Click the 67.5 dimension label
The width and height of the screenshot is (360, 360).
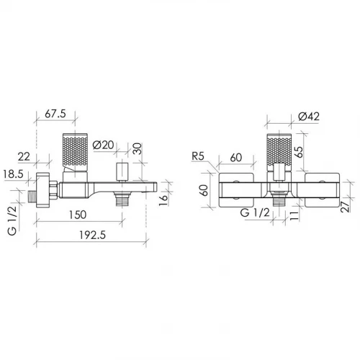(55, 114)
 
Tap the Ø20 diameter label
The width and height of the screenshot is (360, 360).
(103, 145)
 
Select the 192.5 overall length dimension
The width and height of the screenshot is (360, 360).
(92, 235)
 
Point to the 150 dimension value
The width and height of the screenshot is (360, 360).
(78, 215)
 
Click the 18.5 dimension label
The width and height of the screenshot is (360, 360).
(14, 174)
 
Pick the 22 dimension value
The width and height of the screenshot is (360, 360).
(24, 157)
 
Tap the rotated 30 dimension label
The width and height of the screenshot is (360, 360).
(137, 149)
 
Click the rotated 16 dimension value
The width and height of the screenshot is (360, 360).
(163, 200)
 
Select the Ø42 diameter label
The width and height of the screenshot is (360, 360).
(309, 117)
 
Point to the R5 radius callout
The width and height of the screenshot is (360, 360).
(198, 156)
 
